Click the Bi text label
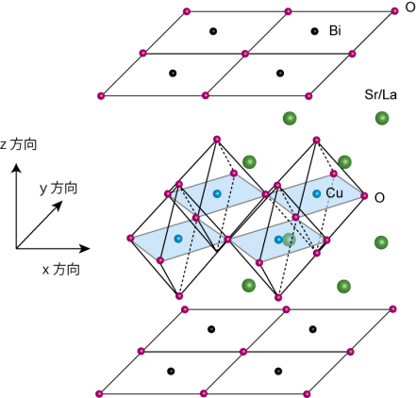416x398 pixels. (335, 30)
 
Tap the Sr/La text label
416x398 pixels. (380, 94)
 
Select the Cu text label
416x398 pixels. (335, 193)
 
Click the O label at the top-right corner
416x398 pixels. (410, 7)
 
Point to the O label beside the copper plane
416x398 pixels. (379, 198)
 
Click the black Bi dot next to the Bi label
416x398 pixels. (314, 31)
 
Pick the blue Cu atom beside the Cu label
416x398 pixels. (317, 193)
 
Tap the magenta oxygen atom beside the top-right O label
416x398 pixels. (394, 11)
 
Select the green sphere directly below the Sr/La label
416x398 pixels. (382, 118)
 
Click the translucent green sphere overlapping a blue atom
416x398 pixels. (289, 240)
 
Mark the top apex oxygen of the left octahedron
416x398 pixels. (217, 140)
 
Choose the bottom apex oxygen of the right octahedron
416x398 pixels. (278, 297)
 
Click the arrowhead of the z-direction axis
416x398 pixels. (16, 168)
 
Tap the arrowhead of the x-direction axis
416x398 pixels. (85, 249)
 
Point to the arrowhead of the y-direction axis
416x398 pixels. (58, 206)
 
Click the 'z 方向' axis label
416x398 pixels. (19, 144)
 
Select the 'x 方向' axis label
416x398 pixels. (61, 270)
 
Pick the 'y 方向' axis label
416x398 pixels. (58, 189)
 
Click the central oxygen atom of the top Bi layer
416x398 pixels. (245, 54)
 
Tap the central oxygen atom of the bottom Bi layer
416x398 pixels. (243, 352)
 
